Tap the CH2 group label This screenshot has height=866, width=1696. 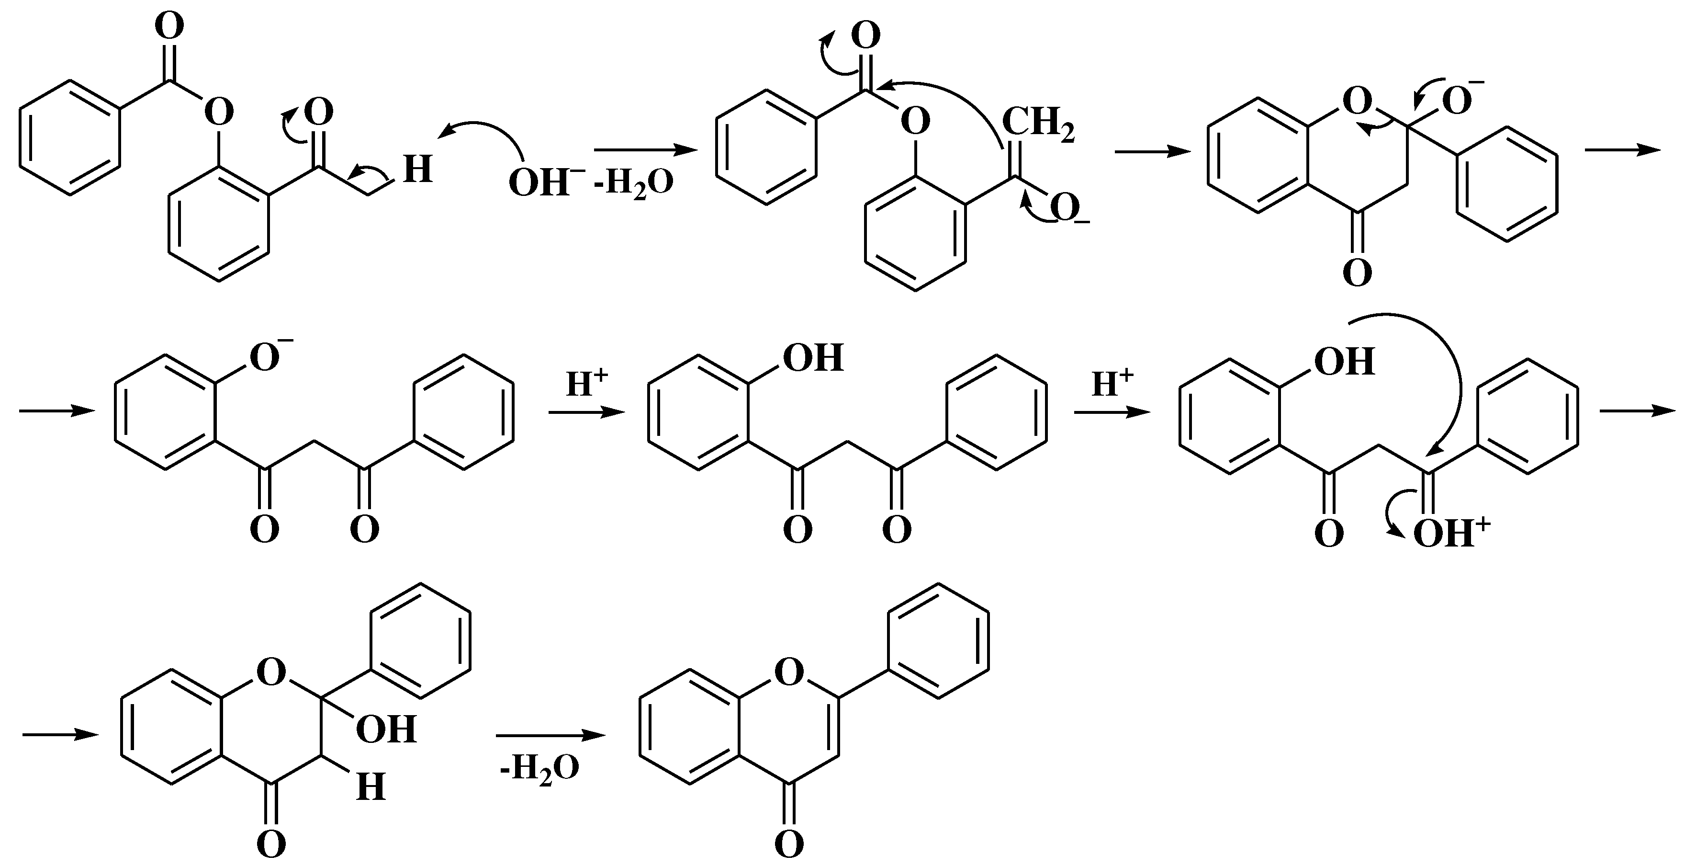click(x=1038, y=125)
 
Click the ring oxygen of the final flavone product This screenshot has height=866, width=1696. click(x=789, y=672)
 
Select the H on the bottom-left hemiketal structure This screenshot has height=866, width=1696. click(x=371, y=787)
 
